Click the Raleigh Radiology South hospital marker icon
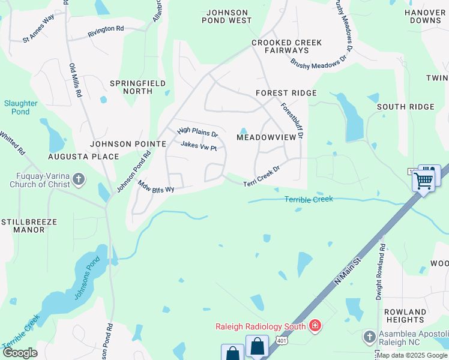(315, 326)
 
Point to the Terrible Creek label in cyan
(308, 199)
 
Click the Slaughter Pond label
(20, 107)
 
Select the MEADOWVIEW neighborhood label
(267, 137)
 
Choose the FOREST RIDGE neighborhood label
(286, 93)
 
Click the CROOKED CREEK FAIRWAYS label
(286, 47)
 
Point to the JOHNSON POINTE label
(128, 144)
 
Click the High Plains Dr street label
(197, 132)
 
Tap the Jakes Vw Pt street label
(198, 146)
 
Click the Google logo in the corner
(20, 353)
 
